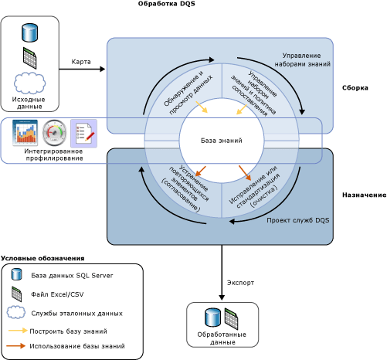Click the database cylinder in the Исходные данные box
pyautogui.click(x=30, y=33)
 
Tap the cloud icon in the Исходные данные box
pyautogui.click(x=30, y=83)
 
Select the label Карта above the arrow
pyautogui.click(x=82, y=61)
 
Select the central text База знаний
pyautogui.click(x=222, y=141)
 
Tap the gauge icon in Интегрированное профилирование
pyautogui.click(x=55, y=132)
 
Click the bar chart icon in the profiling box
pyautogui.click(x=25, y=132)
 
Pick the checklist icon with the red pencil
pyautogui.click(x=83, y=132)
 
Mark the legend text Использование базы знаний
pyautogui.click(x=77, y=346)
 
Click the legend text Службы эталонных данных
pyautogui.click(x=78, y=312)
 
